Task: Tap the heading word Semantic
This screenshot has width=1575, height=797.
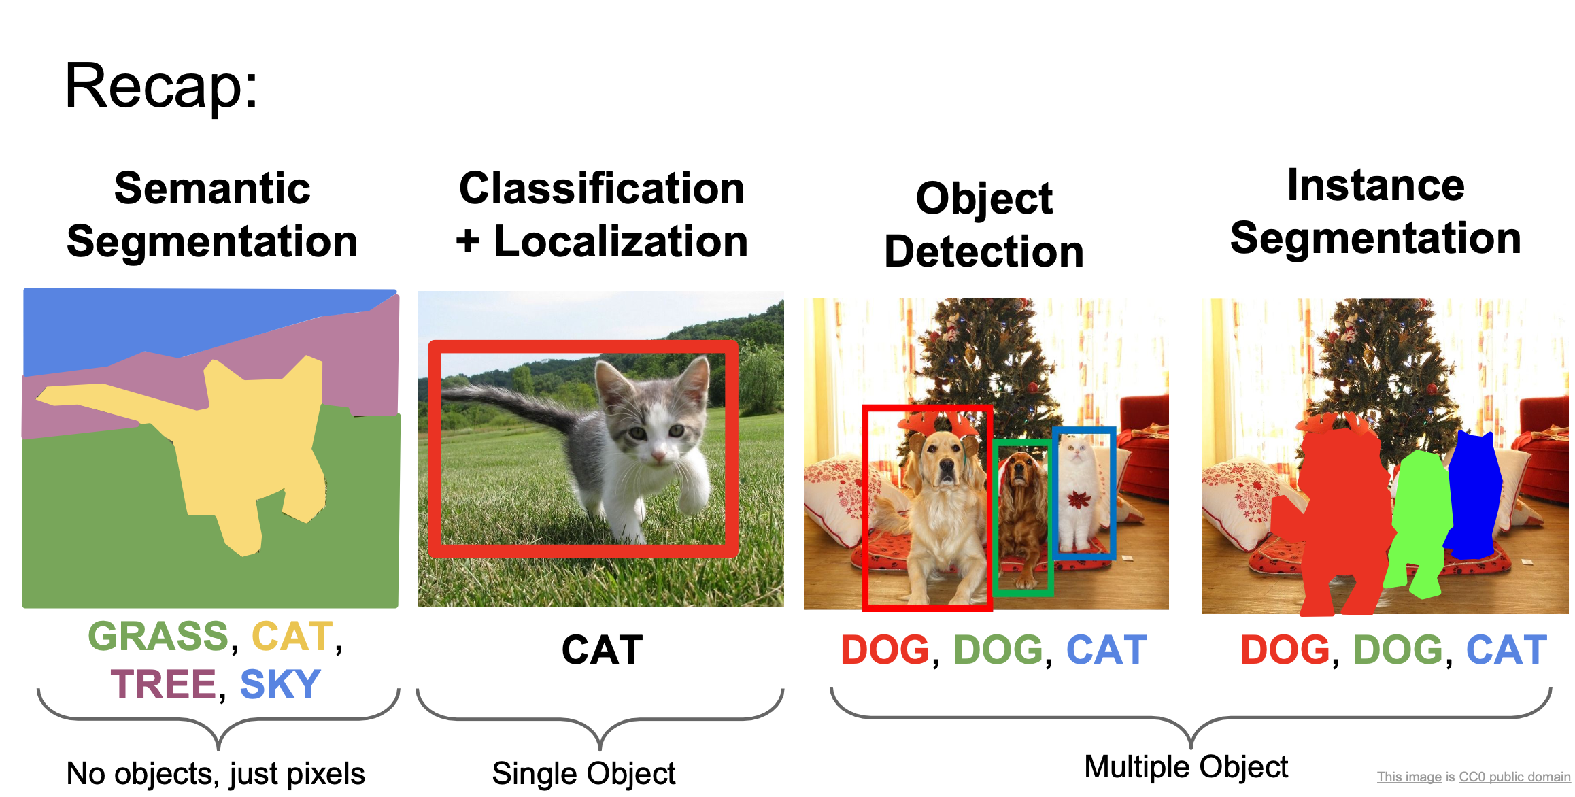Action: (x=212, y=188)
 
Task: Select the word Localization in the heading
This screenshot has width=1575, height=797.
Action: (x=620, y=241)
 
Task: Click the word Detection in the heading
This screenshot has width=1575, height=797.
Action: (x=983, y=252)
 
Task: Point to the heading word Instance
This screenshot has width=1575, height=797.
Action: (x=1375, y=185)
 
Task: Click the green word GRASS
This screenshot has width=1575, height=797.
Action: (x=158, y=637)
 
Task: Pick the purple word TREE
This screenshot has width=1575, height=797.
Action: (x=163, y=684)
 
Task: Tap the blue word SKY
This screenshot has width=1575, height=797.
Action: (x=280, y=684)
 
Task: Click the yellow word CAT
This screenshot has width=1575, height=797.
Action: (x=292, y=637)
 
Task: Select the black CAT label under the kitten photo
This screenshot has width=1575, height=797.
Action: (x=602, y=650)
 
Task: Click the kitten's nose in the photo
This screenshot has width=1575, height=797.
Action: (x=658, y=454)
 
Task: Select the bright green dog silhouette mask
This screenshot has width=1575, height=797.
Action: (x=1420, y=517)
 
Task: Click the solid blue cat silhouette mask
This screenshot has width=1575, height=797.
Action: (x=1474, y=496)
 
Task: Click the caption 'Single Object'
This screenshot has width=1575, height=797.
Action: (x=583, y=774)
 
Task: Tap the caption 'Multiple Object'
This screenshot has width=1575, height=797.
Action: (x=1185, y=767)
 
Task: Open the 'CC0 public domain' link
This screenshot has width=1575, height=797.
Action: (x=1514, y=777)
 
